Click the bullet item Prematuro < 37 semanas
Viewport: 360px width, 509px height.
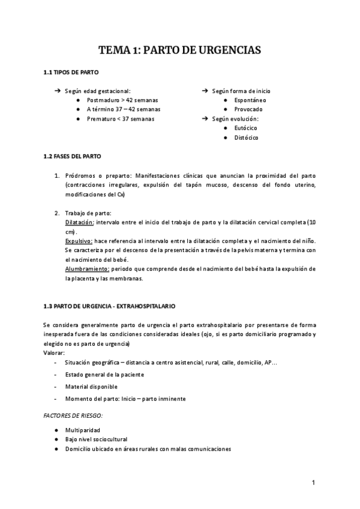(x=120, y=119)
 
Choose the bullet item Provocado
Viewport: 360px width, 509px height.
(x=248, y=109)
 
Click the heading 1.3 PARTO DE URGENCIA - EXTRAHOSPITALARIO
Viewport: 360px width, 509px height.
(x=109, y=306)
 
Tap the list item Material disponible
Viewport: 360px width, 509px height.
(x=91, y=387)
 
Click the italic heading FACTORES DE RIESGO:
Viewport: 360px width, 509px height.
(x=73, y=415)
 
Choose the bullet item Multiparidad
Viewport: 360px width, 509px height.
(x=83, y=430)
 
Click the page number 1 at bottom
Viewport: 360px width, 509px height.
(x=313, y=482)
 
